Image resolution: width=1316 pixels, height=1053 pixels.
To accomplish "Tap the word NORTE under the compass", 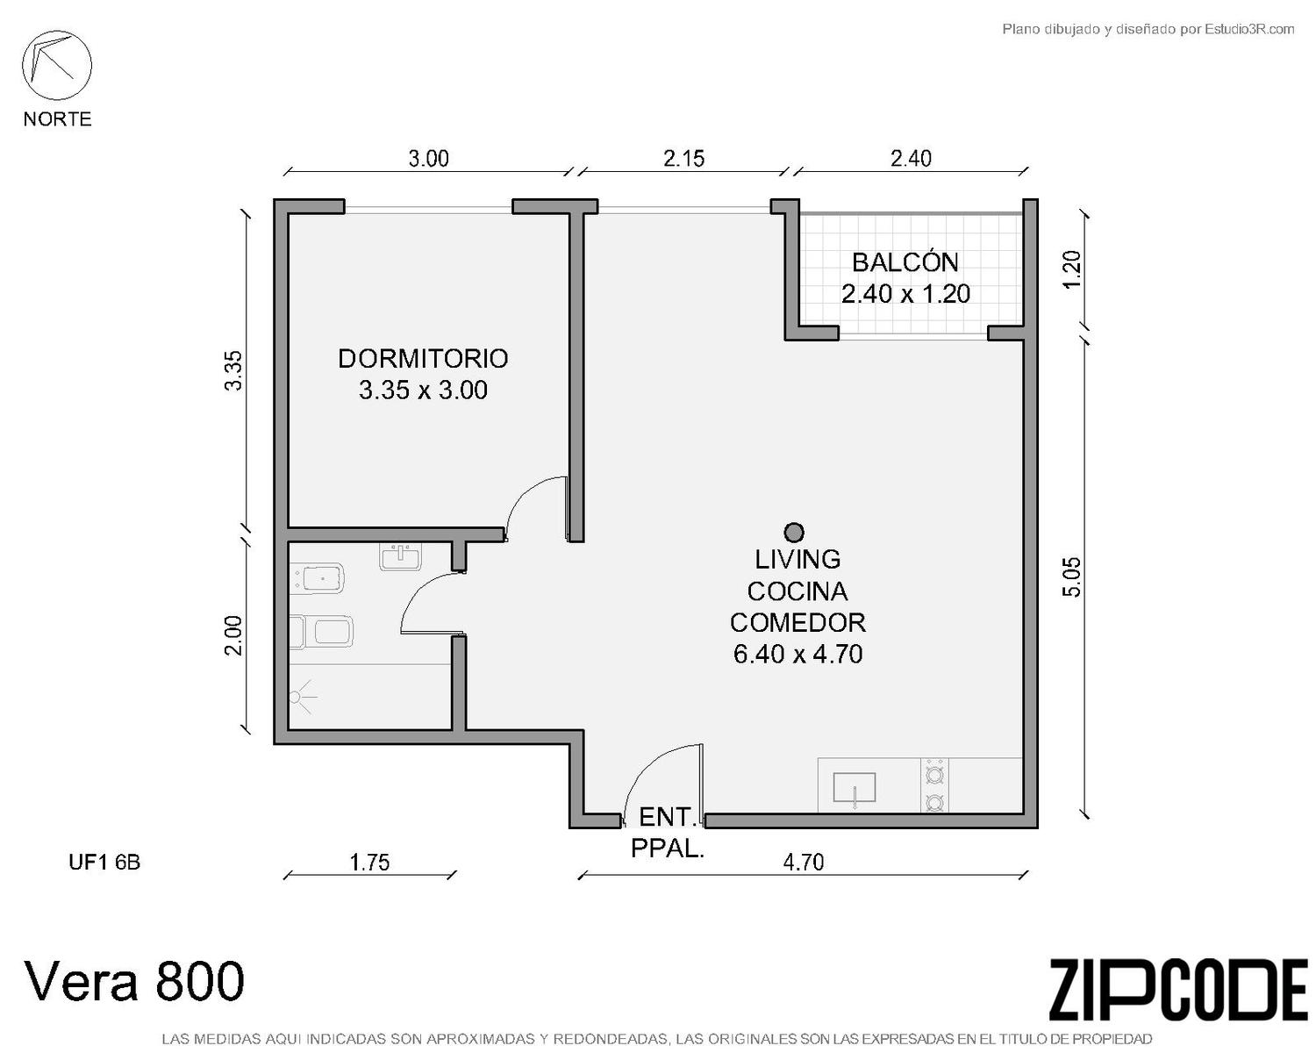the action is [58, 118].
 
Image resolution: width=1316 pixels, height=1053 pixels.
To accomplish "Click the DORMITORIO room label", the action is [423, 359].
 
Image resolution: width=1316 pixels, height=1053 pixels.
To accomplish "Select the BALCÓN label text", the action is [905, 261].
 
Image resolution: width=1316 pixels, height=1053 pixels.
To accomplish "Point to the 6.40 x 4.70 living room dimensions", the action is [797, 654].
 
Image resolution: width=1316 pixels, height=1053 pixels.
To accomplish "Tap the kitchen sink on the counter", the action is [854, 788].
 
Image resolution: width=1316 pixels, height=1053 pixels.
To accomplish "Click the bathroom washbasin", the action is [400, 557].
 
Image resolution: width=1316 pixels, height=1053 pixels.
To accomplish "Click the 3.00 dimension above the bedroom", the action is [429, 159].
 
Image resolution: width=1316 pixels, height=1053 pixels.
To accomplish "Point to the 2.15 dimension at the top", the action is [683, 159].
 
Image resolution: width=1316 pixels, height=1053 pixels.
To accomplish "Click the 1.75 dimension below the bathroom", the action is [369, 862].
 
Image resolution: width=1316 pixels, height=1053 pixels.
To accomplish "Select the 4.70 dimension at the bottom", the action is [804, 862].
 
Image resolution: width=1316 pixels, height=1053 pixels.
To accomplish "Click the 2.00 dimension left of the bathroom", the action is [233, 635].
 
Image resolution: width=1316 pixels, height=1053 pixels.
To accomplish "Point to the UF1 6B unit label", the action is [104, 862].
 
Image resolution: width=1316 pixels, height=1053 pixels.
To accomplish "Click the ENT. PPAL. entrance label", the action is [667, 833].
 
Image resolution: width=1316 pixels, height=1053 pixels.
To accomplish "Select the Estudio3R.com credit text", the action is [1249, 29].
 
